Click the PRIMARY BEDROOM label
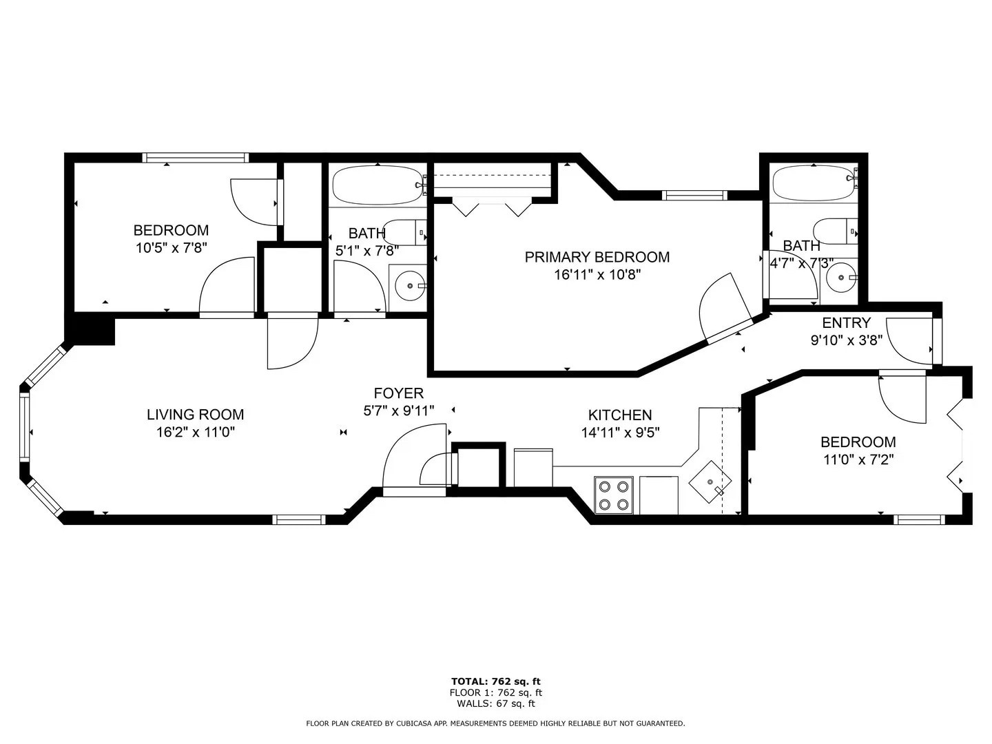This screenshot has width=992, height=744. pyautogui.click(x=597, y=257)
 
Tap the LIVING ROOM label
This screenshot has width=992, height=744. pyautogui.click(x=195, y=415)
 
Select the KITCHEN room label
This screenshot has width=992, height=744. pyautogui.click(x=619, y=415)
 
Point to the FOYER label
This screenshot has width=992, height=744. pyautogui.click(x=398, y=393)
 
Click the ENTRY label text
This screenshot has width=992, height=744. pyautogui.click(x=846, y=323)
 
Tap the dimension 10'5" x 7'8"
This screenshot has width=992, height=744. pyautogui.click(x=171, y=248)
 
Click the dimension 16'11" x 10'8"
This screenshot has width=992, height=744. pyautogui.click(x=597, y=275)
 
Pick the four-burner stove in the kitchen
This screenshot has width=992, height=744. pyautogui.click(x=614, y=495)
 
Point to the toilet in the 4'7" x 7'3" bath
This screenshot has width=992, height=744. pyautogui.click(x=834, y=231)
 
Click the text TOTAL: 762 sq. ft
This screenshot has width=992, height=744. pyautogui.click(x=495, y=681)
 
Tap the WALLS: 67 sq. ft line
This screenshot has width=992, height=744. pyautogui.click(x=495, y=703)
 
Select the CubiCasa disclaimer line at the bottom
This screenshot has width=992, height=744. pyautogui.click(x=495, y=723)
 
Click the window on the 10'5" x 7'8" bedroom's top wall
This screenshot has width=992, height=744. pyautogui.click(x=195, y=158)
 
